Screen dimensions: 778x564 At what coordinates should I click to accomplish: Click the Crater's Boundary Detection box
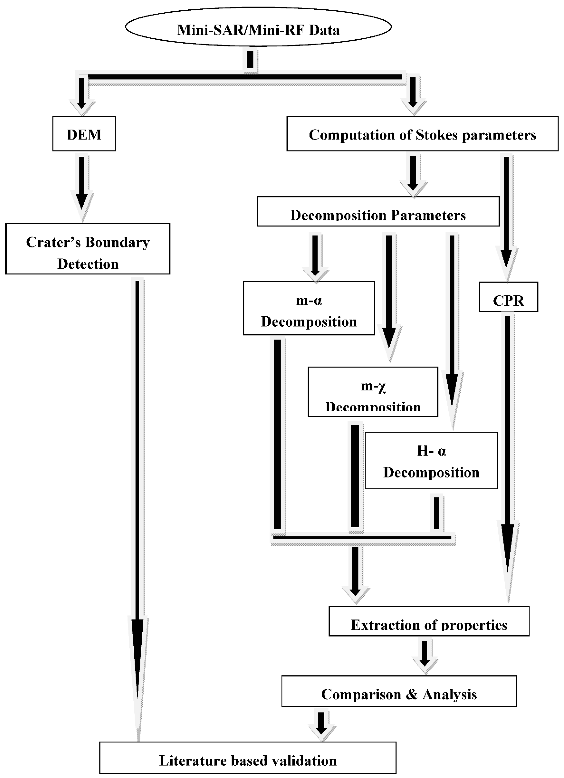(88, 249)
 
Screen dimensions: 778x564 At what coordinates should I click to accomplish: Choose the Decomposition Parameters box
(378, 211)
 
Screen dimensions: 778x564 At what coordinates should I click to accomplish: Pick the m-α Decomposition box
(309, 308)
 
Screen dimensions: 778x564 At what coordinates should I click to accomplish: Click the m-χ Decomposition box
(373, 392)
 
